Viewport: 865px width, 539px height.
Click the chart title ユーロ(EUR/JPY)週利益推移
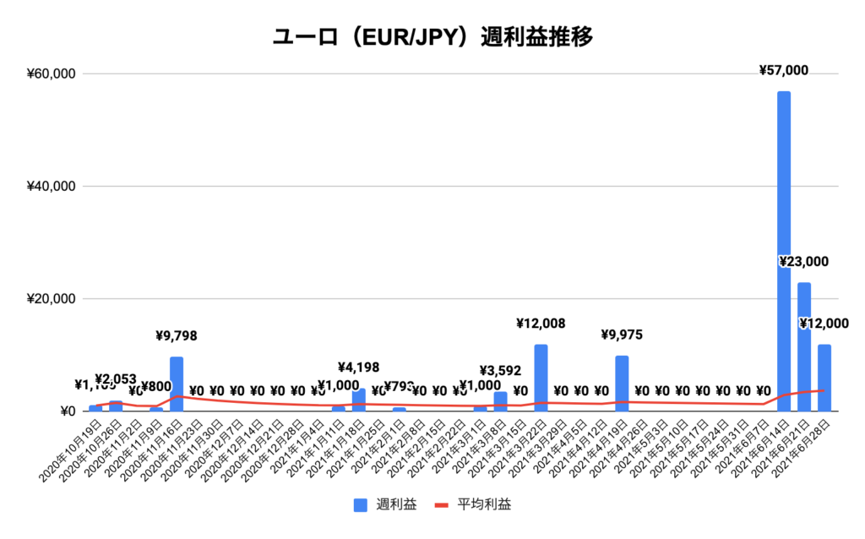[x=432, y=37]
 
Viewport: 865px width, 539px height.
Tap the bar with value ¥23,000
[x=804, y=346]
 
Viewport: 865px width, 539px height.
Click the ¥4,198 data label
[x=358, y=367]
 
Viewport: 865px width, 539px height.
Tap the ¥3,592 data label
[x=500, y=370]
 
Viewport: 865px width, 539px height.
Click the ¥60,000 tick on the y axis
[x=51, y=73]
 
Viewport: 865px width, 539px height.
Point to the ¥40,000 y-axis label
[x=51, y=186]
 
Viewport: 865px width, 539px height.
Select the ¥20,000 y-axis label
[x=51, y=299]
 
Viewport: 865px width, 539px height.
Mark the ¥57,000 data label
[x=784, y=70]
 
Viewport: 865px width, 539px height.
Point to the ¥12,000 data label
[x=824, y=324]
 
